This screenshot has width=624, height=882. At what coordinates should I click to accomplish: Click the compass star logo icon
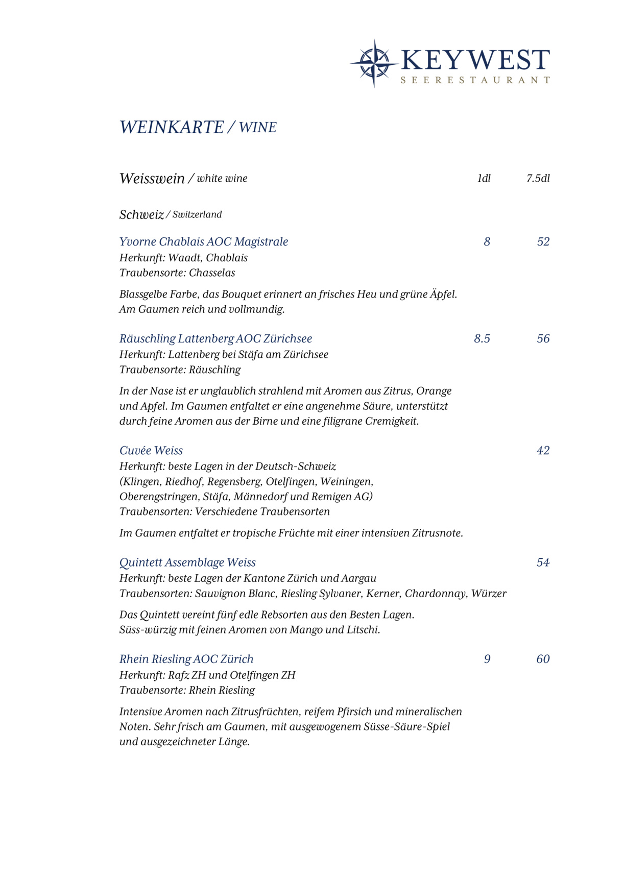pos(374,63)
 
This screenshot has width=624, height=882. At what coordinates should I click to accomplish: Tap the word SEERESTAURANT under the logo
pos(475,80)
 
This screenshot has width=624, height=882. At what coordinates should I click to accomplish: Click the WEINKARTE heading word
pos(172,127)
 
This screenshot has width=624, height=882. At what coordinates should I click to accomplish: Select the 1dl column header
pos(484,178)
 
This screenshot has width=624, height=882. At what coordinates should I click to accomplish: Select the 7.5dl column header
pos(538,178)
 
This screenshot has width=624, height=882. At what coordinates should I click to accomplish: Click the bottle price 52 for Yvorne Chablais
pos(543,241)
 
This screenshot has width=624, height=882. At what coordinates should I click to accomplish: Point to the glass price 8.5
pos(482,338)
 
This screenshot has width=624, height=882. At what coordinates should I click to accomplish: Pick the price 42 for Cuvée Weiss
pos(543,450)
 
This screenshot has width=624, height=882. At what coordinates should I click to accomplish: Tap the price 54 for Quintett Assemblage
pos(543,562)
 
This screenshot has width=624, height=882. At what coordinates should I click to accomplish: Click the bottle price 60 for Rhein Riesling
pos(543,659)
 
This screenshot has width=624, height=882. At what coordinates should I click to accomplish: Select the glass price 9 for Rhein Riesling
pos(487,659)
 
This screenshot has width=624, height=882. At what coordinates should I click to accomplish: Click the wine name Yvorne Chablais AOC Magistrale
pos(203,241)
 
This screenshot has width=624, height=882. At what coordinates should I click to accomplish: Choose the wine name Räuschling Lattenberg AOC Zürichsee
pos(215,338)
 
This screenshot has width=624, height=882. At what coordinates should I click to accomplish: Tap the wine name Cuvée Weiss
pos(151,450)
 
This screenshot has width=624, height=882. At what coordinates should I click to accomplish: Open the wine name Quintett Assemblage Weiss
pos(187,562)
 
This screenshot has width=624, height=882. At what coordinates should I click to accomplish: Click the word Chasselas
pos(212,273)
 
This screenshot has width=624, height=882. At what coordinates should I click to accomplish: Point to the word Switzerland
pos(197,214)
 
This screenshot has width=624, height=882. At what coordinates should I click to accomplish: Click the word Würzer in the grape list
pos(489,593)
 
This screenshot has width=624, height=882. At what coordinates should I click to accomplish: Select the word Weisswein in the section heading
pos(152,178)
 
